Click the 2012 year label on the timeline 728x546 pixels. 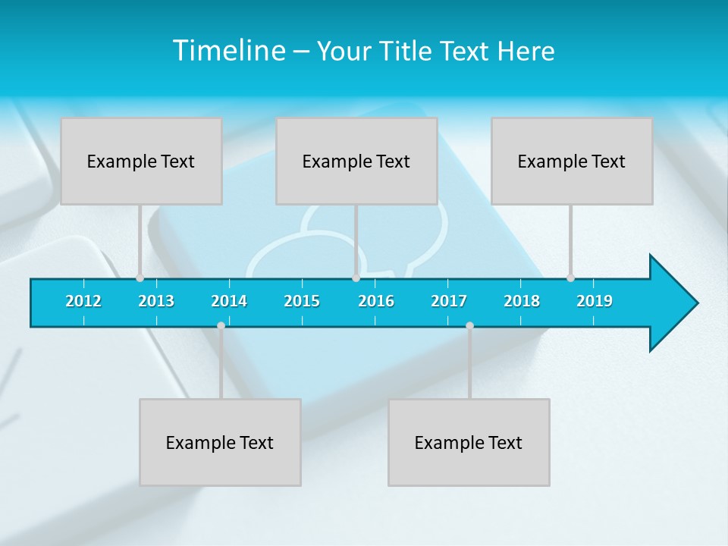(x=83, y=301)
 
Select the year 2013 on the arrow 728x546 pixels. (x=156, y=301)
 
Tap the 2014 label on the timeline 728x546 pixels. (x=229, y=301)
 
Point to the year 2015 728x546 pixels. (x=302, y=301)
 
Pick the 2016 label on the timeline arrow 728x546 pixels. (x=376, y=301)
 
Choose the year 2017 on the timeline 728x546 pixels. (x=449, y=301)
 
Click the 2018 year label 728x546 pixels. (x=522, y=301)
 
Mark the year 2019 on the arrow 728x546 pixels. (x=595, y=301)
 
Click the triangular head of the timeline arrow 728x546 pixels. (x=672, y=303)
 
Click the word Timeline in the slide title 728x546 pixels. (x=228, y=51)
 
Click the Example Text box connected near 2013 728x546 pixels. (x=141, y=161)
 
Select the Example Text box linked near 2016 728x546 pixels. (x=356, y=161)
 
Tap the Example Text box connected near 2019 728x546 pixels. (x=572, y=161)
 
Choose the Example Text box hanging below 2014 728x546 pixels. (x=220, y=442)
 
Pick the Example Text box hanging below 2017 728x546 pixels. (x=469, y=442)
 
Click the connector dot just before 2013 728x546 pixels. (x=140, y=278)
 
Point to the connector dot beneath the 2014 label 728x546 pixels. (x=221, y=325)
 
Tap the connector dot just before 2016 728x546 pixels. (x=356, y=278)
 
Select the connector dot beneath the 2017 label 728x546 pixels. (x=469, y=325)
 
